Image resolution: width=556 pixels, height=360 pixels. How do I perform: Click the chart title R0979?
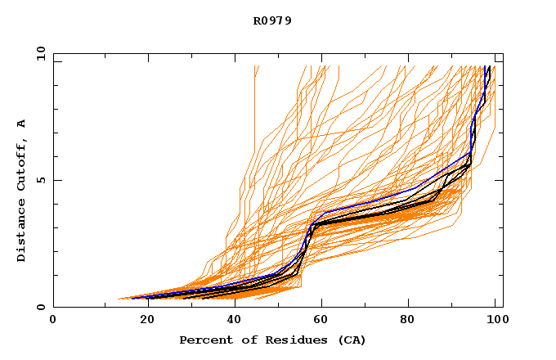click(x=272, y=20)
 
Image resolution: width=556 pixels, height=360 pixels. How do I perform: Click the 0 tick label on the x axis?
click(x=53, y=320)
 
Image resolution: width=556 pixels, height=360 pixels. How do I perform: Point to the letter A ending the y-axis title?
click(x=21, y=123)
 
